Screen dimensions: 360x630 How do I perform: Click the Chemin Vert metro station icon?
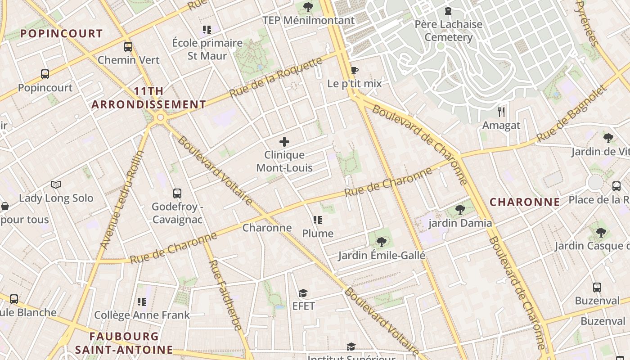click(x=128, y=47)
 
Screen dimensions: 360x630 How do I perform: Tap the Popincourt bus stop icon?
click(x=45, y=74)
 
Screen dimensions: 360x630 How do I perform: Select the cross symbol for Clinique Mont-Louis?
click(x=284, y=142)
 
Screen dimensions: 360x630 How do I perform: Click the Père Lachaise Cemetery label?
click(x=448, y=31)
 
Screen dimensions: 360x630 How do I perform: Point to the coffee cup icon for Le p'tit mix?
click(x=354, y=70)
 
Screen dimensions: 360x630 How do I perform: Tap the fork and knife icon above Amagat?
click(x=501, y=112)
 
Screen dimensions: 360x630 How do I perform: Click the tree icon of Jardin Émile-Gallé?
click(x=382, y=242)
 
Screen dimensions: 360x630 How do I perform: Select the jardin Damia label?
click(x=460, y=223)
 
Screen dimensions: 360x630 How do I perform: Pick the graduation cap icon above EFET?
click(x=303, y=293)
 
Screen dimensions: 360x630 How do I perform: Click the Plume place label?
click(x=318, y=233)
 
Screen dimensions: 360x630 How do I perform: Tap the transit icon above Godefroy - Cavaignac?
click(x=177, y=193)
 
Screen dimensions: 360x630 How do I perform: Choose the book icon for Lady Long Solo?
click(x=56, y=184)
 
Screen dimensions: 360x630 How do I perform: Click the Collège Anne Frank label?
click(x=142, y=315)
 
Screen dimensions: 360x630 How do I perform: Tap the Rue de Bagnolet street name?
click(x=571, y=113)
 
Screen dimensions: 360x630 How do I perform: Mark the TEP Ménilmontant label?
click(x=308, y=20)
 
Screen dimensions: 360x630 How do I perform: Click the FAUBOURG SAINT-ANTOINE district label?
click(x=124, y=343)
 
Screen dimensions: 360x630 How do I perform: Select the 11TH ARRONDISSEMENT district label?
click(x=148, y=98)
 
